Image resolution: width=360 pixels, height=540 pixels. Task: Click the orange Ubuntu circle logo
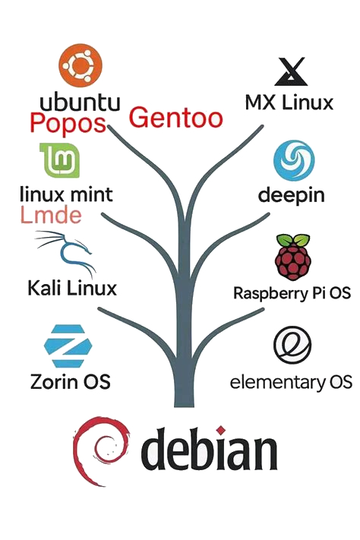[81, 65]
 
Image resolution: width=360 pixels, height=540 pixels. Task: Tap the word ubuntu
[80, 102]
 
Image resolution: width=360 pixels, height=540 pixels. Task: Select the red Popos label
[68, 123]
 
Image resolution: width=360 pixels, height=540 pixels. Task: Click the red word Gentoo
[176, 117]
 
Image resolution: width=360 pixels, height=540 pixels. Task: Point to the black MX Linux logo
[291, 71]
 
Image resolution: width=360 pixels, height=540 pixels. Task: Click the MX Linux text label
[289, 103]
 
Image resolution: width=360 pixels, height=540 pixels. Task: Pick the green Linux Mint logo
[59, 160]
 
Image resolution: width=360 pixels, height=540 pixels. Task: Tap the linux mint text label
[66, 194]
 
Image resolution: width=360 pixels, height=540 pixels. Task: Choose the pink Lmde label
[51, 215]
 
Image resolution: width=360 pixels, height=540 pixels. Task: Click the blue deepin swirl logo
[294, 160]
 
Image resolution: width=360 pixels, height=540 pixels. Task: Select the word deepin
[292, 195]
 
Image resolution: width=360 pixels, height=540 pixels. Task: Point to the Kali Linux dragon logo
[65, 251]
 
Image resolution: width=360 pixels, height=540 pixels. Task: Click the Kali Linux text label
[72, 288]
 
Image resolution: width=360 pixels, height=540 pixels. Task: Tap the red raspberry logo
[293, 257]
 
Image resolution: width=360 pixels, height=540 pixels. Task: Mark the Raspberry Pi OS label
[292, 293]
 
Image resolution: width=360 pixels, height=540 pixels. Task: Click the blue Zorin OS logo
[68, 346]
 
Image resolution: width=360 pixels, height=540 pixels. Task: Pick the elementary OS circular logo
[292, 345]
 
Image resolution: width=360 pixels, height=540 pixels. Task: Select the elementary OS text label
[291, 382]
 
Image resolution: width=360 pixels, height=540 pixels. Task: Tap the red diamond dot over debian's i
[221, 430]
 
